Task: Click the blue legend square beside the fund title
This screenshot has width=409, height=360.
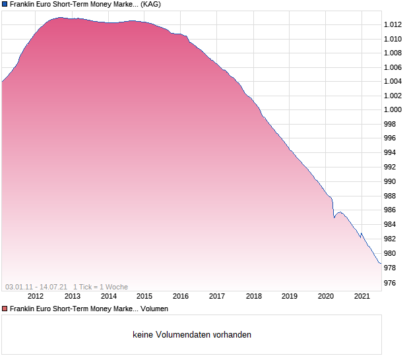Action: (5, 4)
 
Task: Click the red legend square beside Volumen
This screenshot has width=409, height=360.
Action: (5, 309)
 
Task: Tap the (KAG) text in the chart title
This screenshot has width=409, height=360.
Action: (150, 4)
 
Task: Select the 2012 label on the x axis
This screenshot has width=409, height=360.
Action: (35, 296)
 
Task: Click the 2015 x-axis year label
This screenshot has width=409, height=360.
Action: (144, 296)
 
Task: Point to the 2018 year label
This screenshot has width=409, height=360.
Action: (253, 296)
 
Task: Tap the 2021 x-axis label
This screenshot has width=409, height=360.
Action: (362, 296)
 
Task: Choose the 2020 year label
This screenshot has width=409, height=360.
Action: (326, 296)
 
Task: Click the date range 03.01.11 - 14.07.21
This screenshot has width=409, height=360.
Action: (36, 287)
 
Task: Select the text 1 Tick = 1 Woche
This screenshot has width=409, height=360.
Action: (100, 287)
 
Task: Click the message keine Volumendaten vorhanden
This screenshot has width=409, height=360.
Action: (192, 334)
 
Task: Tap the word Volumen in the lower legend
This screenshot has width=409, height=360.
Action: (154, 309)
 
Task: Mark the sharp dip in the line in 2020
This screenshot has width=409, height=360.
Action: (334, 217)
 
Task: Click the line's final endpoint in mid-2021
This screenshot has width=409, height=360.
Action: (381, 264)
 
